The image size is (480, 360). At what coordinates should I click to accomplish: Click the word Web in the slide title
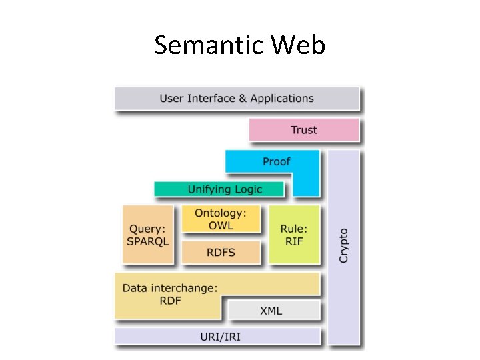(298, 45)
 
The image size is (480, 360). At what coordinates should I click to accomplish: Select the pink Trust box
(304, 130)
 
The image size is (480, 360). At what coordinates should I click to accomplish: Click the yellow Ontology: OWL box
(221, 219)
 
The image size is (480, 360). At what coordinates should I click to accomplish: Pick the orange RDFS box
(221, 253)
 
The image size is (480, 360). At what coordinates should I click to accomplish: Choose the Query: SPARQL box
(148, 234)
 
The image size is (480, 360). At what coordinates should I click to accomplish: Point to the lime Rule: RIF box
(294, 234)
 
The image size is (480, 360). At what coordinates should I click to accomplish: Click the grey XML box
(271, 311)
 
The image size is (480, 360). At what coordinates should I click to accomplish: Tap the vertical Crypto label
(343, 245)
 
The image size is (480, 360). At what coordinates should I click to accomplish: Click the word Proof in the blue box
(276, 161)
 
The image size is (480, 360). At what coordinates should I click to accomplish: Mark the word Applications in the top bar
(282, 98)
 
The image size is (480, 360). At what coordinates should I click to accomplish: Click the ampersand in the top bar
(243, 98)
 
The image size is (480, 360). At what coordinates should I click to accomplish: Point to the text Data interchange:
(170, 288)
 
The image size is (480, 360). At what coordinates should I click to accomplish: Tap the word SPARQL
(148, 241)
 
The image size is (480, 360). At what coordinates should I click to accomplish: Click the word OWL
(221, 225)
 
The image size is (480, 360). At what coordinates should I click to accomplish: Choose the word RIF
(294, 241)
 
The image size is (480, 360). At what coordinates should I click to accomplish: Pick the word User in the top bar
(172, 98)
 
